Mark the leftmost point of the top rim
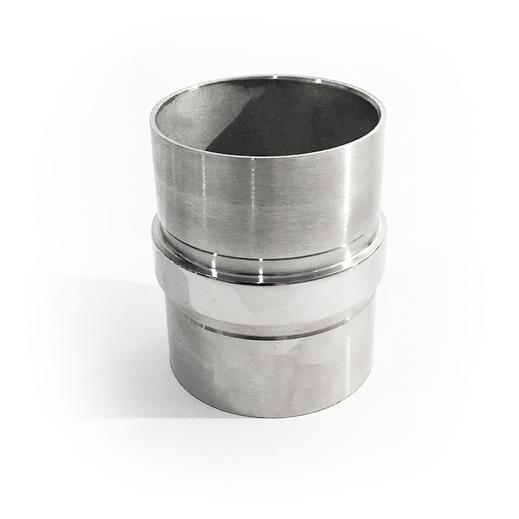pyautogui.click(x=151, y=118)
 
